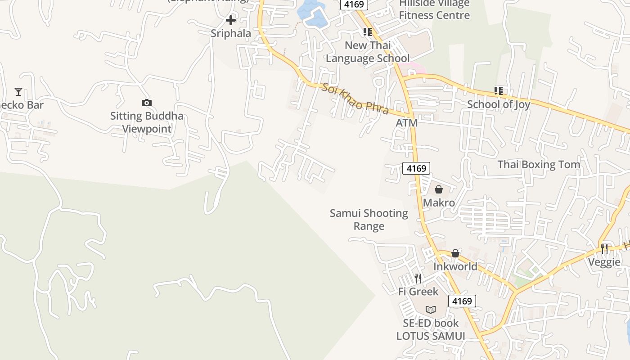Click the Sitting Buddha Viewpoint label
(147, 122)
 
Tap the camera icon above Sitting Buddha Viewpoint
(146, 103)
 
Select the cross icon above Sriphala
(231, 20)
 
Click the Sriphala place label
(231, 33)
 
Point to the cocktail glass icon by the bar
(18, 92)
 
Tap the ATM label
(406, 123)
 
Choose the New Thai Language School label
(368, 52)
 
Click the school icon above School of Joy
(498, 91)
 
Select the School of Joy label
(498, 104)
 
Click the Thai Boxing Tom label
(539, 165)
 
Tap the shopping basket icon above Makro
(439, 189)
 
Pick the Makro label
(439, 203)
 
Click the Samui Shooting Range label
(369, 220)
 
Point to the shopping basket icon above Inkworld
(455, 253)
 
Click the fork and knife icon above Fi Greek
(418, 279)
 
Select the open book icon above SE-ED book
(431, 310)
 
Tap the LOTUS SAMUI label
(431, 336)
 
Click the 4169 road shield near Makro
(416, 168)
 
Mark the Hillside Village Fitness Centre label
(434, 9)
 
